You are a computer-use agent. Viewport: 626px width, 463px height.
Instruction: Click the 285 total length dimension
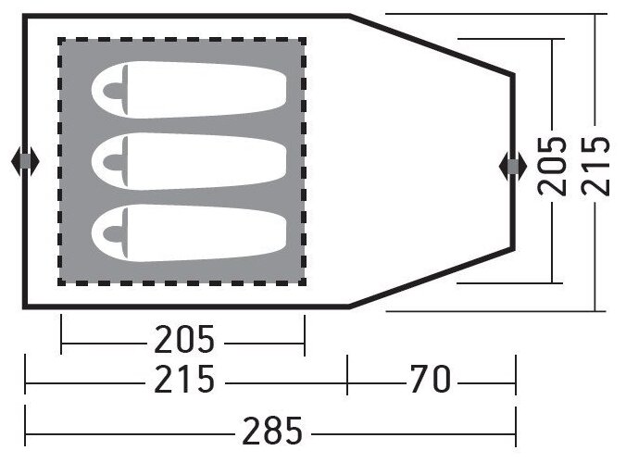click(272, 432)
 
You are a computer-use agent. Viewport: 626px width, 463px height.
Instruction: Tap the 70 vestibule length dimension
click(431, 379)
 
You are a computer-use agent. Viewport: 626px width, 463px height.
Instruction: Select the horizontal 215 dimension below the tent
click(184, 379)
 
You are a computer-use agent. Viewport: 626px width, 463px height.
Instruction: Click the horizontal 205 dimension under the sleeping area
click(184, 339)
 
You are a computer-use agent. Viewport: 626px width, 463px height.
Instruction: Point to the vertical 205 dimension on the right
click(552, 166)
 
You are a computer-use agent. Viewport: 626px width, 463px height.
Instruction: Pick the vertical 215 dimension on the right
click(595, 166)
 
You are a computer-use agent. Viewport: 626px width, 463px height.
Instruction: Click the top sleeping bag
click(189, 90)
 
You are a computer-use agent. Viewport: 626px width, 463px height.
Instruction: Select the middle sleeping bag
click(189, 161)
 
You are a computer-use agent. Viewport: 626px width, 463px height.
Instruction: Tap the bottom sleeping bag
click(189, 233)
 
